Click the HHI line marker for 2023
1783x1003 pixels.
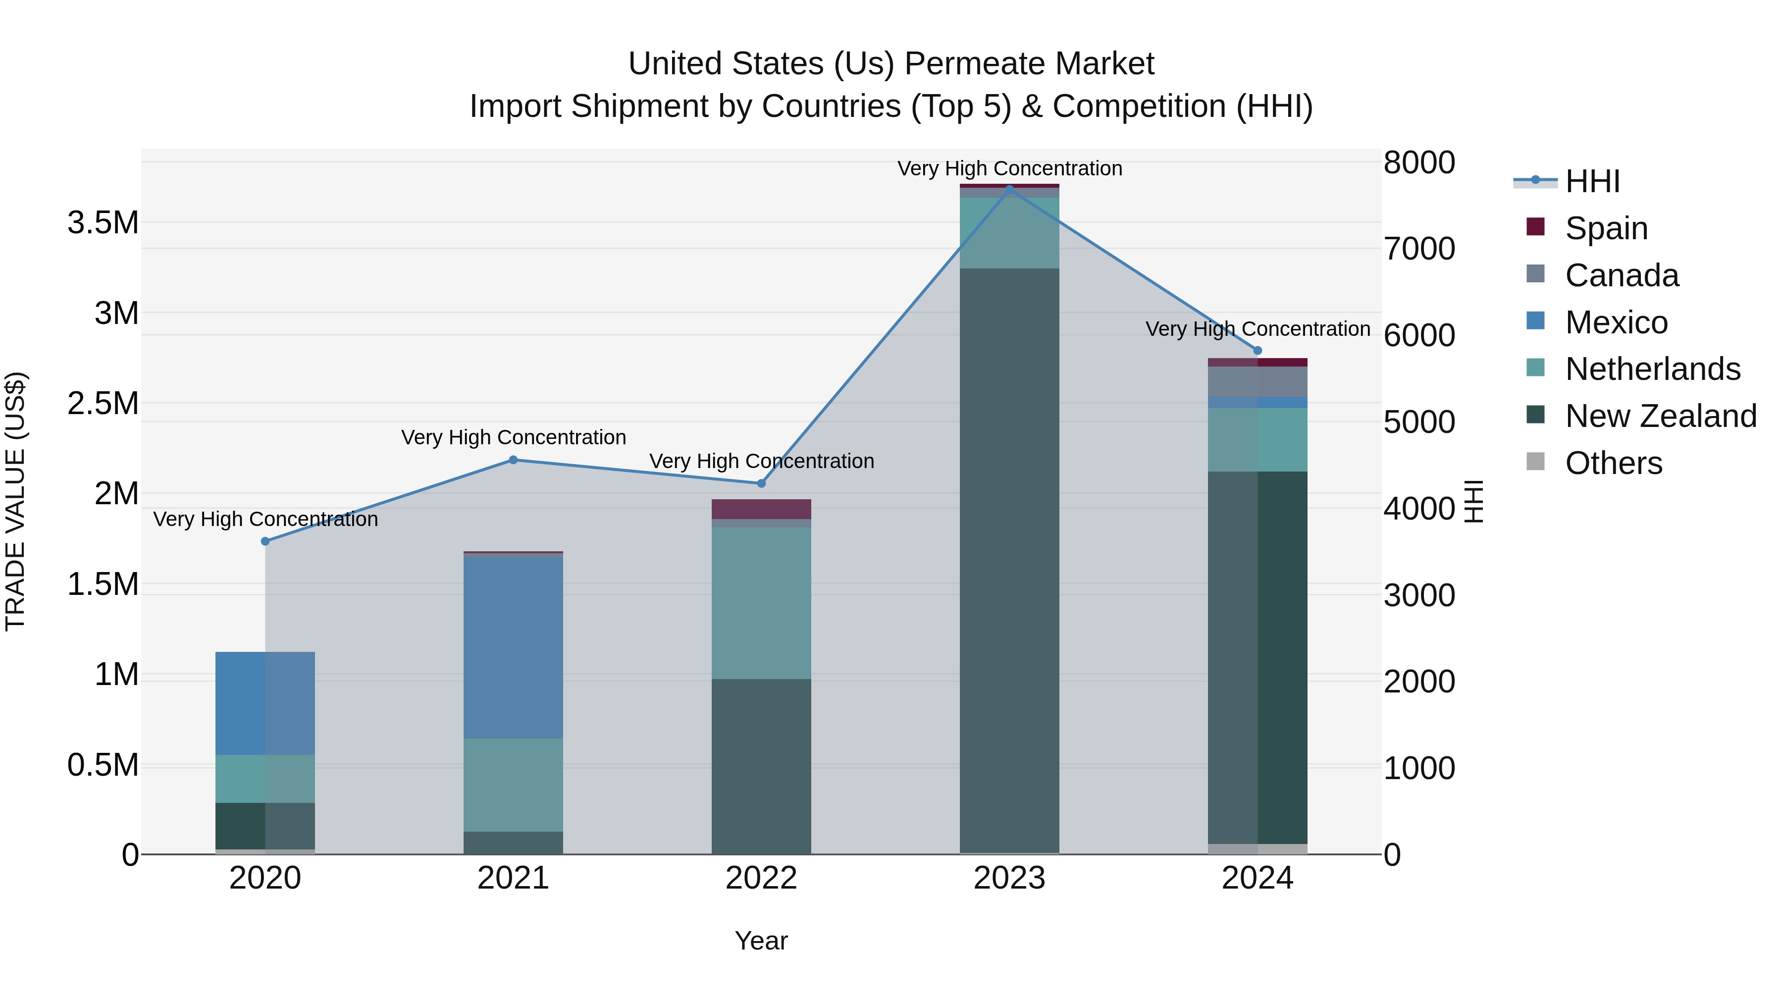tap(1009, 188)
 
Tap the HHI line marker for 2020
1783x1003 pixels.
tap(265, 541)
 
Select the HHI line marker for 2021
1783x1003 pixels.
tap(513, 460)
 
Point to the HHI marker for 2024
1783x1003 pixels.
tap(1258, 350)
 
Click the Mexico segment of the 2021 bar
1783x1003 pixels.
tap(513, 647)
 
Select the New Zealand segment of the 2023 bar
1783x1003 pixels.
tap(1009, 561)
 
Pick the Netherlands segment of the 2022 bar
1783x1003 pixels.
tap(761, 603)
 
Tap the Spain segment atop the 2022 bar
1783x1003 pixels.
tap(761, 509)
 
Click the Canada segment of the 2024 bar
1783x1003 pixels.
tap(1258, 381)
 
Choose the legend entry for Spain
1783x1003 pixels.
tap(1606, 228)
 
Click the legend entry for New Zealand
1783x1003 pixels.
tap(1660, 416)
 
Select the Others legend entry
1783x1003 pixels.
tap(1613, 463)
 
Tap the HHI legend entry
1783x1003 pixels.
tap(1592, 181)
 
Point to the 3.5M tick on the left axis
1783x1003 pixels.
tap(103, 223)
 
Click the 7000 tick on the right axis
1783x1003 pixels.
tap(1419, 249)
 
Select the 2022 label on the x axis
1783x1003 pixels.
tap(761, 878)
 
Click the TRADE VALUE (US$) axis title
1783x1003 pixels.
tap(15, 501)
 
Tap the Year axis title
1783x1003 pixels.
tap(761, 941)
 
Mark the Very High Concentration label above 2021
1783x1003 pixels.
tap(513, 437)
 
